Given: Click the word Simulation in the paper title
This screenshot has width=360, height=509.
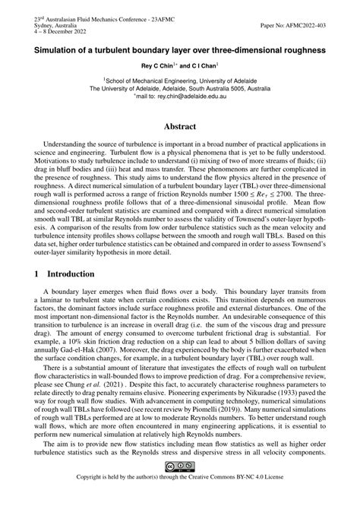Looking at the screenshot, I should point(58,49).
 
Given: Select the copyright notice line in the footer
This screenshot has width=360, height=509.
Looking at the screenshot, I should point(180,498).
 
